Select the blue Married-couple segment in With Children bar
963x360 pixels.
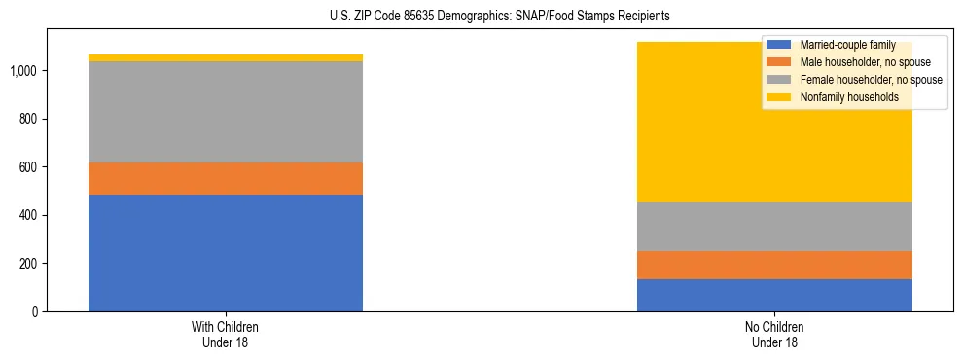tap(226, 253)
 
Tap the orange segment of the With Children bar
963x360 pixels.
tap(226, 178)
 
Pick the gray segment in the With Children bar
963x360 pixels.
tap(226, 112)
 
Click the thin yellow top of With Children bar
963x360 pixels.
tap(226, 58)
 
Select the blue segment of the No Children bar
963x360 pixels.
tap(774, 295)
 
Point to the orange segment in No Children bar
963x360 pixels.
tap(774, 265)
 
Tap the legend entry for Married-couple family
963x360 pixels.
tap(842, 45)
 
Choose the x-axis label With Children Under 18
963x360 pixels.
tap(226, 334)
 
